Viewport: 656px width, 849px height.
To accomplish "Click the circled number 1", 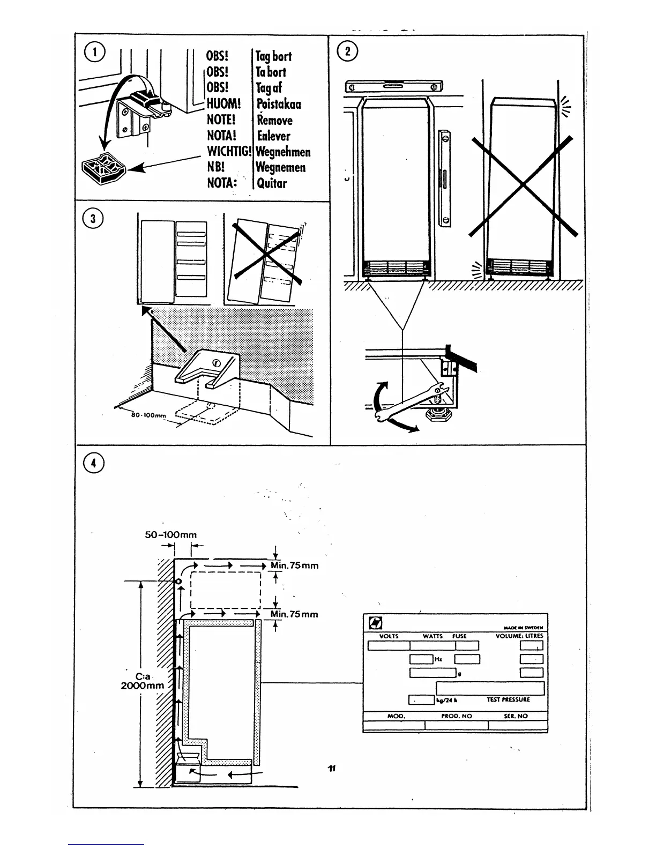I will click(95, 51).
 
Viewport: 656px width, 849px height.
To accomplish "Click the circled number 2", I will click(347, 51).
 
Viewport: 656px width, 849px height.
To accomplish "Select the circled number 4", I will click(94, 463).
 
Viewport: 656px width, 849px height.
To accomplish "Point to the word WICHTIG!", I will click(229, 152).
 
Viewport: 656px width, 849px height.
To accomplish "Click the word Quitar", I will click(272, 183).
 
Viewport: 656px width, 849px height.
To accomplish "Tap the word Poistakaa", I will click(279, 104).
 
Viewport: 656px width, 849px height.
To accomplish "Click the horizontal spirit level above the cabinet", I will click(393, 86).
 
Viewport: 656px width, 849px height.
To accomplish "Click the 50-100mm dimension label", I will click(171, 534).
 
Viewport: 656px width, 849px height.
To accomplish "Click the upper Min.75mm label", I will click(294, 565).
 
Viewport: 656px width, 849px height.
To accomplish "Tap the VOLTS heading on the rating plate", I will click(389, 636).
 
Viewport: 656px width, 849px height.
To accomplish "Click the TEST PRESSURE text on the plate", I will click(508, 699).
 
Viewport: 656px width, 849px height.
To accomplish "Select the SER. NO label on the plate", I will click(516, 716).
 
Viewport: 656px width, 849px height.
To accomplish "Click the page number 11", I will click(331, 768).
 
